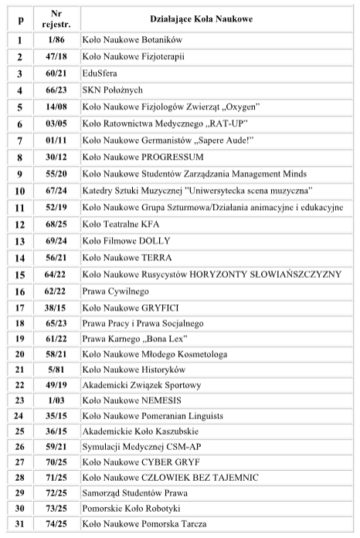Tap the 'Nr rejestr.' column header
point(56,19)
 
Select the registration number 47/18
point(56,56)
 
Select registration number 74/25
point(56,526)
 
